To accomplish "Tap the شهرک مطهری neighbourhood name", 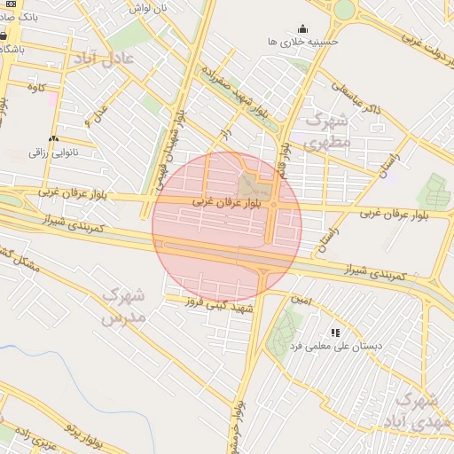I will point(327,130).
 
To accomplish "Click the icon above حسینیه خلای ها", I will point(302,27).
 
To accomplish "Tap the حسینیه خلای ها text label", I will point(303,42).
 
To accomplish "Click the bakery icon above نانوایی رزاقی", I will point(53,138).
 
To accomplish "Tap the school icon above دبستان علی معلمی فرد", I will point(334,333).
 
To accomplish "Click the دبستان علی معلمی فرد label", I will point(335,346).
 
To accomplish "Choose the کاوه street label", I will point(36,87).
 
